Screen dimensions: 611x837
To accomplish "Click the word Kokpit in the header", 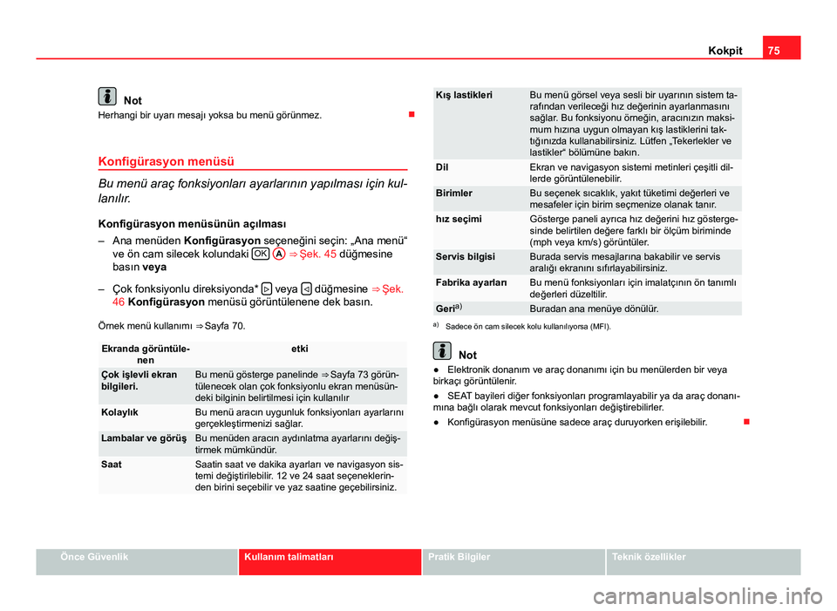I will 725,51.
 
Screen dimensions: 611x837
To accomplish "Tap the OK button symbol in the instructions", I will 259,253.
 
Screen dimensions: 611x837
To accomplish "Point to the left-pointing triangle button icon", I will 307,288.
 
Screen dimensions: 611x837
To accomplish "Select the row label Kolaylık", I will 119,411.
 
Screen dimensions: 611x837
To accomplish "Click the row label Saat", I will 111,465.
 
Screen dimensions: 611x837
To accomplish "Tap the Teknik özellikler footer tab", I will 649,556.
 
